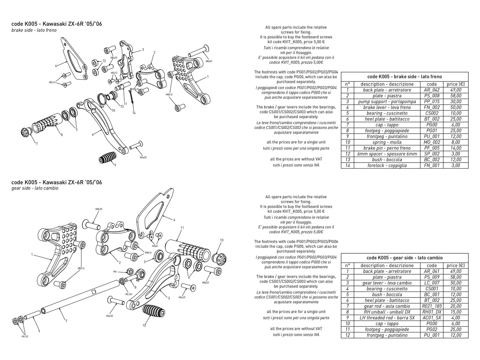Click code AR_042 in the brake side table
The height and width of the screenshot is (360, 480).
(432, 90)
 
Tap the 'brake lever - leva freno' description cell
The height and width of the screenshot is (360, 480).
(387, 107)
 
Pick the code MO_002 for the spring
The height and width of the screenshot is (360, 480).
(432, 142)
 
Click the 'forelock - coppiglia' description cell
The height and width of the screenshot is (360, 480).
(387, 165)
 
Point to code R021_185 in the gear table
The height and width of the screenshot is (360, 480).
(432, 306)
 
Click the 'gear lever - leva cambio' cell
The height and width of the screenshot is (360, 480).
(387, 283)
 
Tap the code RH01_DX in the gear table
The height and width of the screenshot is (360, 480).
(432, 312)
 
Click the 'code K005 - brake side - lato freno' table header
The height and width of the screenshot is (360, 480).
(404, 76)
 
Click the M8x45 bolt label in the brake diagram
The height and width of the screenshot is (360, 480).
(209, 61)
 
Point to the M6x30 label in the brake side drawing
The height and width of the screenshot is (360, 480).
(143, 157)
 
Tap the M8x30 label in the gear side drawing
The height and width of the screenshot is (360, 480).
(99, 209)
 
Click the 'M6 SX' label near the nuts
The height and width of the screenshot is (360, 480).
(25, 337)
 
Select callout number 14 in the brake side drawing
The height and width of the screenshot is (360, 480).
(134, 113)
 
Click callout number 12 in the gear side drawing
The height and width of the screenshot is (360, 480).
(144, 326)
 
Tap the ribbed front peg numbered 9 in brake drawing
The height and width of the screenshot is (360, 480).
(108, 157)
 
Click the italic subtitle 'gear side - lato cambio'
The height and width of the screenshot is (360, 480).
(35, 188)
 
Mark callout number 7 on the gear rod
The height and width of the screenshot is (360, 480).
(66, 321)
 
